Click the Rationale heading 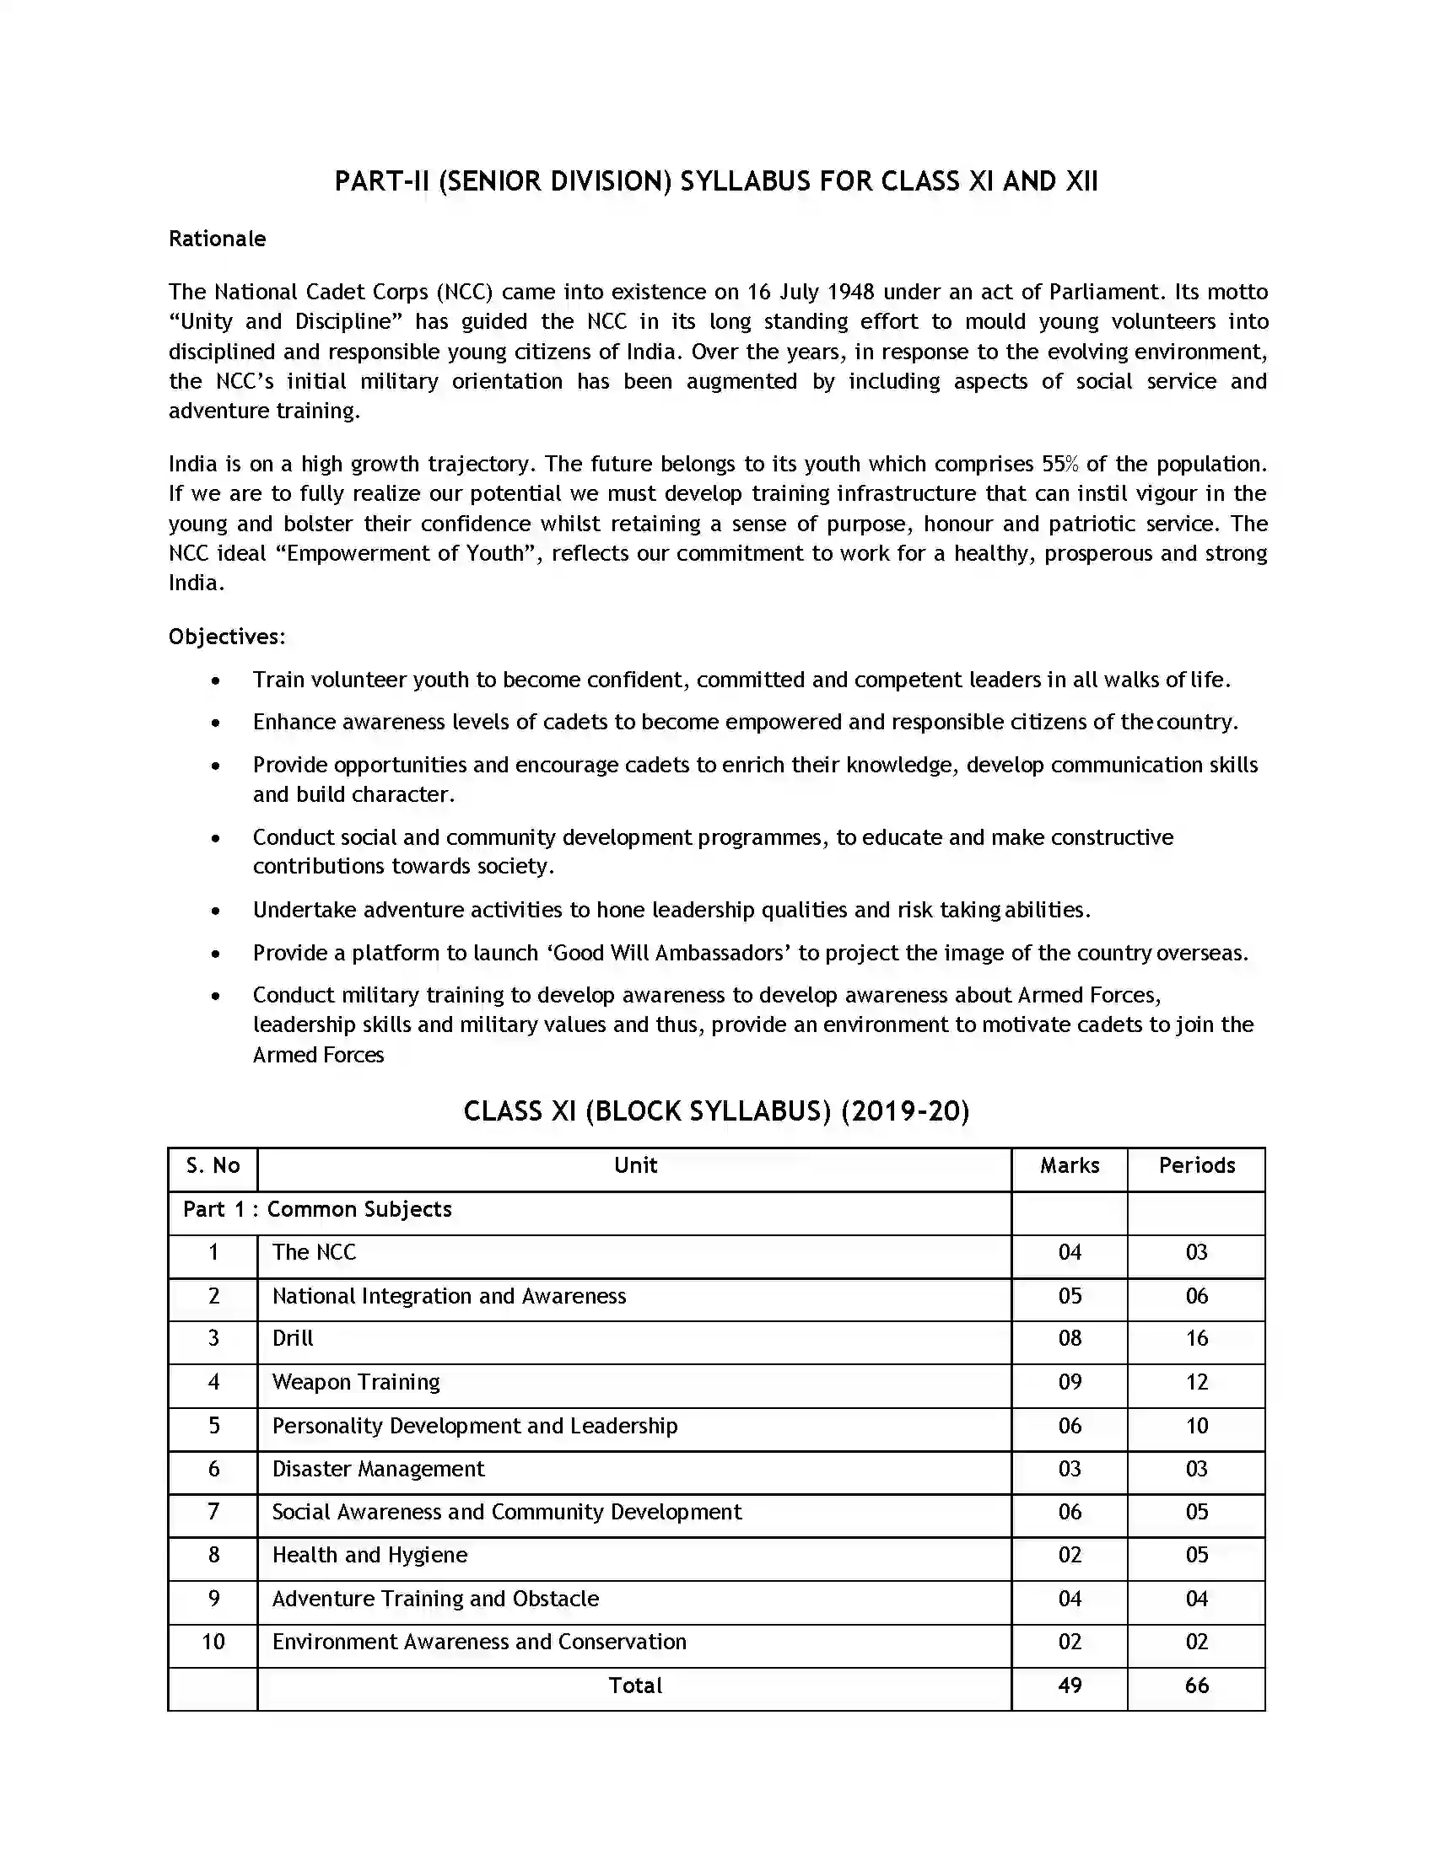[x=217, y=239]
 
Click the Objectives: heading [x=227, y=636]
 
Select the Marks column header [x=1069, y=1165]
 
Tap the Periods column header [x=1196, y=1165]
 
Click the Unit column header [x=634, y=1165]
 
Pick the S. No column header [x=213, y=1165]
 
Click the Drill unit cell [x=293, y=1338]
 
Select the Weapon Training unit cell [x=356, y=1382]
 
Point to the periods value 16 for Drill [x=1196, y=1339]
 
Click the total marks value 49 [x=1069, y=1686]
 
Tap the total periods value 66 [x=1196, y=1686]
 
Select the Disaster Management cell [x=378, y=1469]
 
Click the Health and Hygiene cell [x=369, y=1554]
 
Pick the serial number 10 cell [x=213, y=1642]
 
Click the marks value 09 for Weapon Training [x=1069, y=1382]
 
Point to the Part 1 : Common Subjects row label [x=317, y=1208]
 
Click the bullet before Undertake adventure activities [x=216, y=911]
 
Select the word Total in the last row [x=634, y=1686]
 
